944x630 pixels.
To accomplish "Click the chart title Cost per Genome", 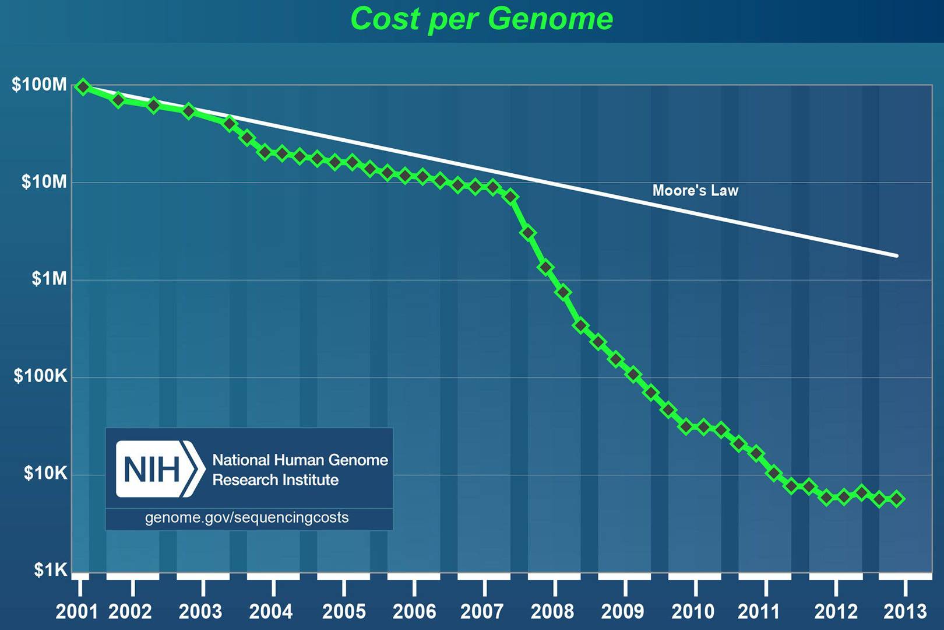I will tap(481, 19).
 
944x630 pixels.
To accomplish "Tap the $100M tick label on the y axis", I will tap(40, 85).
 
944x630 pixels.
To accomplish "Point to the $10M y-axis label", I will tap(44, 182).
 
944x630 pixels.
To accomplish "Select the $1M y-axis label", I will tap(49, 279).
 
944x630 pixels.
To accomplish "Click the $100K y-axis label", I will tap(41, 376).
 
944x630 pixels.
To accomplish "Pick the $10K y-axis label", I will tap(45, 473).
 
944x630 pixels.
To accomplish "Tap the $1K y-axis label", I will tap(50, 569).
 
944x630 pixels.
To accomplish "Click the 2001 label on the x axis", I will tap(77, 611).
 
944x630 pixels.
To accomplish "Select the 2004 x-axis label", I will tap(271, 611).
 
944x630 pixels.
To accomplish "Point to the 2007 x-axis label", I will tap(482, 611).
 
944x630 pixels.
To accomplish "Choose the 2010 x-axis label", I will tap(693, 611).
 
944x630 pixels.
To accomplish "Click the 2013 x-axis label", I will tap(905, 611).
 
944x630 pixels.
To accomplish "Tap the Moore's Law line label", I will tap(695, 191).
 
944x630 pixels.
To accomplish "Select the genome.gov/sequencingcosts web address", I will tap(246, 517).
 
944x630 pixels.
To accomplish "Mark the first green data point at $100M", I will tap(83, 87).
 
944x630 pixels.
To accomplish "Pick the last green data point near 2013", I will tap(897, 499).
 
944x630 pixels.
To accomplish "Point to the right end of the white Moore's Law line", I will tap(897, 256).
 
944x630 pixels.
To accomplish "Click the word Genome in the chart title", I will tap(550, 19).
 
